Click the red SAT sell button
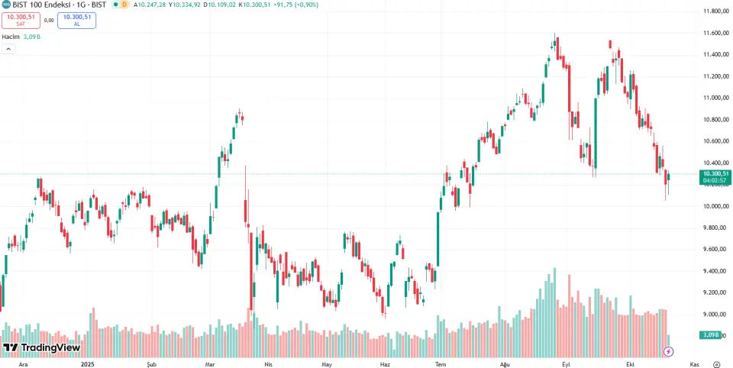(x=21, y=20)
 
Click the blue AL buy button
(x=76, y=20)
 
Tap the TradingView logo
(x=41, y=347)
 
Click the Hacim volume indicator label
(x=10, y=36)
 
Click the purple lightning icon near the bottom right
(x=669, y=351)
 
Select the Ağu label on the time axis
(x=504, y=364)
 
